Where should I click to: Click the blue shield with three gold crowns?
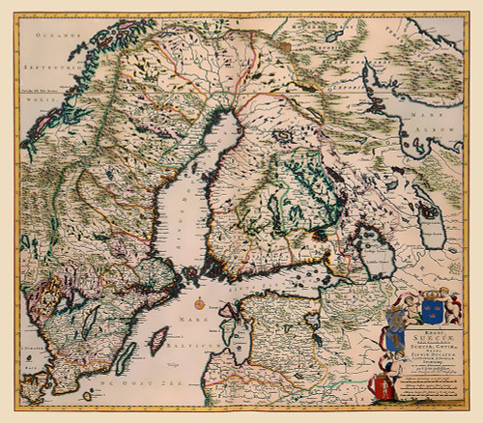pyautogui.click(x=430, y=312)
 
